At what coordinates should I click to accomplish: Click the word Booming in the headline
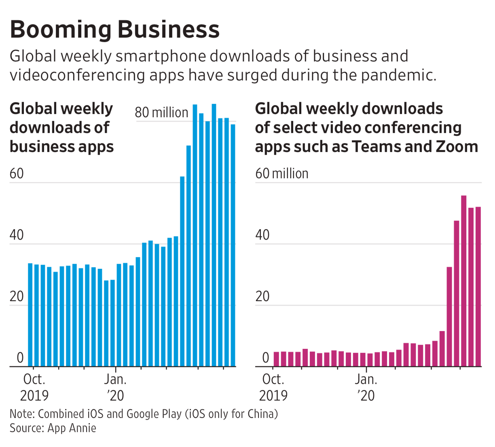pyautogui.click(x=60, y=30)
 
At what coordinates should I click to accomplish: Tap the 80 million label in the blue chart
pyautogui.click(x=161, y=112)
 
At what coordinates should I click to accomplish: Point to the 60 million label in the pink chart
pyautogui.click(x=281, y=174)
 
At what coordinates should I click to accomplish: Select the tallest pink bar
pyautogui.click(x=463, y=281)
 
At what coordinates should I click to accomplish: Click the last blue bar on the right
pyautogui.click(x=233, y=245)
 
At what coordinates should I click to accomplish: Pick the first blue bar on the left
pyautogui.click(x=30, y=314)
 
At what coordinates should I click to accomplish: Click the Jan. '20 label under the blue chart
pyautogui.click(x=116, y=387)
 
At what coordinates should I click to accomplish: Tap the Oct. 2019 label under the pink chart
pyautogui.click(x=273, y=387)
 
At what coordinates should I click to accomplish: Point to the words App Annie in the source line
pyautogui.click(x=72, y=428)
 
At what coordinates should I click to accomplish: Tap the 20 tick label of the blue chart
pyautogui.click(x=17, y=297)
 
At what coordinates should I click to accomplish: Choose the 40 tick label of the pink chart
pyautogui.click(x=262, y=235)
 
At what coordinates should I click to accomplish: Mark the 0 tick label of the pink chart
pyautogui.click(x=265, y=358)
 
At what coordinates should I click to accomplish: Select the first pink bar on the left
pyautogui.click(x=276, y=359)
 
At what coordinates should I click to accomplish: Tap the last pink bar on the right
pyautogui.click(x=478, y=287)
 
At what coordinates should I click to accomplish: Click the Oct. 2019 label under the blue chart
pyautogui.click(x=34, y=387)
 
